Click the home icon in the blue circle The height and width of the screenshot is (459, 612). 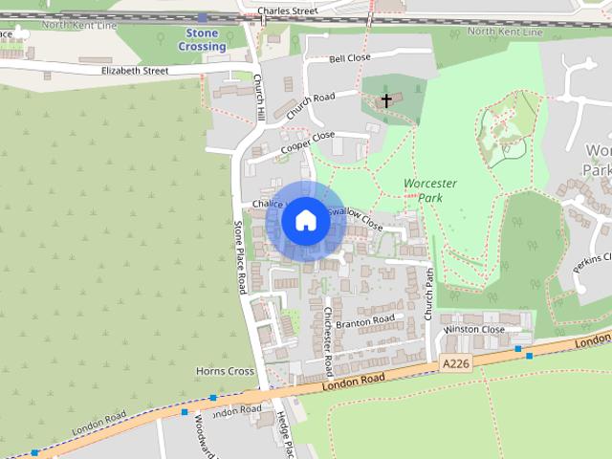pos(305,221)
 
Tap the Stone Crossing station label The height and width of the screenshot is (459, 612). pos(202,40)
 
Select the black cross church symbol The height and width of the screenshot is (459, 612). pos(387,99)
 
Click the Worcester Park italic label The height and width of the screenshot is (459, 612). pos(429,190)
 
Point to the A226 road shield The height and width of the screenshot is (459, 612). pos(454,364)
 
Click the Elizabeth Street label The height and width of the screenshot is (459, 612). pos(135,71)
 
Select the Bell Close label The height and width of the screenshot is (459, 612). pos(349,58)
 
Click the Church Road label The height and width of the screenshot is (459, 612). pos(310,105)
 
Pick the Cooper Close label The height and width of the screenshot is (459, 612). pos(308,146)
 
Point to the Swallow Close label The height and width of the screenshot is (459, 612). pos(355,218)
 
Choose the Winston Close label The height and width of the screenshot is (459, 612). pos(473,330)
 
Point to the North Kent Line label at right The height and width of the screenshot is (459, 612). pos(508,33)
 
